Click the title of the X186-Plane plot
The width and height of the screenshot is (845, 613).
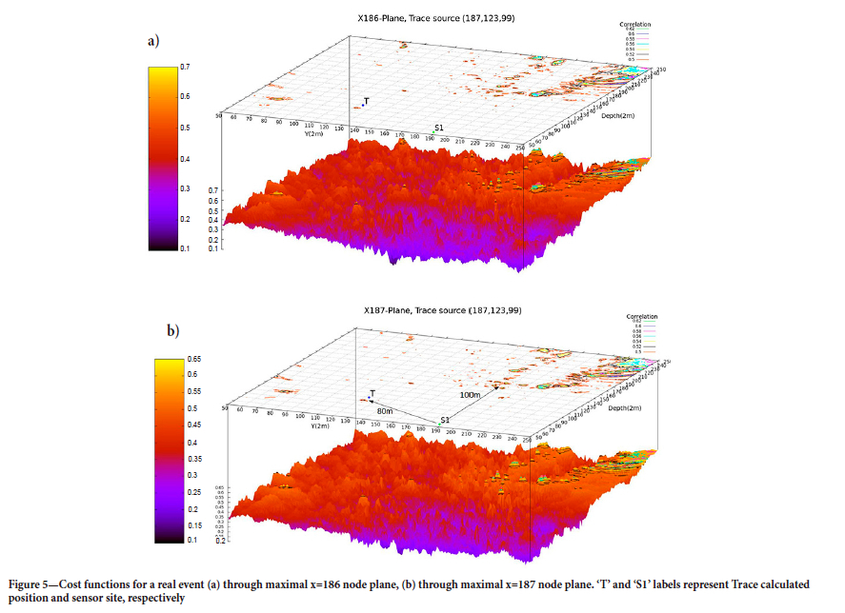(x=439, y=19)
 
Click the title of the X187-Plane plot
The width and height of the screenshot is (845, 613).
(x=439, y=310)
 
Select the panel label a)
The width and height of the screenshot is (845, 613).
(x=151, y=41)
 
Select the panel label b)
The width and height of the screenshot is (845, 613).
(x=172, y=331)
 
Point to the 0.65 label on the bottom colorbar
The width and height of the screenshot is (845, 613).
(x=192, y=359)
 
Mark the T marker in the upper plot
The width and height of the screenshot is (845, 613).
(x=362, y=104)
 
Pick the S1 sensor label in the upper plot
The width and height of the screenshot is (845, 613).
(x=438, y=129)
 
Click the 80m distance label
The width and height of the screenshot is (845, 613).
(x=385, y=410)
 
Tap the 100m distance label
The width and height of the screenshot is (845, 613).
(x=469, y=393)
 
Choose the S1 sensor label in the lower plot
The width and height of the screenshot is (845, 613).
(x=445, y=419)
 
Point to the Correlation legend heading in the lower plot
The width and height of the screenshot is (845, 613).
(x=640, y=316)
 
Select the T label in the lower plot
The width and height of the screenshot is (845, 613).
(x=372, y=392)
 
